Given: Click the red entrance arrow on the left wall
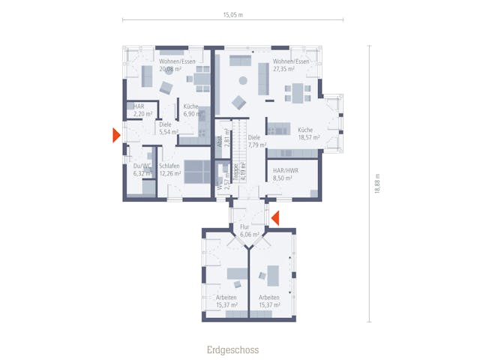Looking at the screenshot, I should tap(115, 135).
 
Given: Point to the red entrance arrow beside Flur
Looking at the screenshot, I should tap(274, 218).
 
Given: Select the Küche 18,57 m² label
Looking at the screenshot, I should tap(308, 134).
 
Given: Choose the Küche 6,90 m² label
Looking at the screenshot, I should tap(191, 110).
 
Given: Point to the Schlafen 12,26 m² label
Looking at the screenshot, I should tap(169, 169).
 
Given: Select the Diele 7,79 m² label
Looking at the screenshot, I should tap(254, 142).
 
